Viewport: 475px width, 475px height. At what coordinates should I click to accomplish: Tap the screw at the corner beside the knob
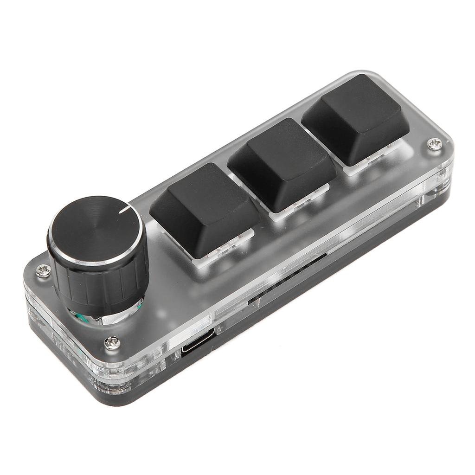[43, 270]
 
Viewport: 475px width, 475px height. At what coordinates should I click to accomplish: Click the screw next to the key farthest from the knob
[435, 144]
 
